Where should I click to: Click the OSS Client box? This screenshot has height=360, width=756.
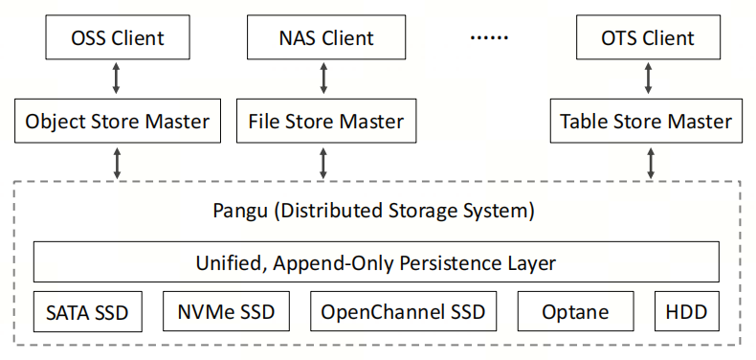tap(118, 37)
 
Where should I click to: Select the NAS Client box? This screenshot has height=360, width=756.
tap(326, 37)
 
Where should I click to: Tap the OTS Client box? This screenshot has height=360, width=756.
tap(649, 37)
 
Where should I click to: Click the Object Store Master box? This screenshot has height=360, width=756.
tap(118, 122)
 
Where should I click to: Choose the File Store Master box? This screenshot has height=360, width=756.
tap(326, 122)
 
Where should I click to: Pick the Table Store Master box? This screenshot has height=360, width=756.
tap(647, 122)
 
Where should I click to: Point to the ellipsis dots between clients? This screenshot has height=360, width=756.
tap(489, 38)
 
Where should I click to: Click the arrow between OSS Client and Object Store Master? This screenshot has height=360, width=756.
tap(116, 79)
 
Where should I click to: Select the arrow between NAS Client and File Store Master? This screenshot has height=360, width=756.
tap(323, 79)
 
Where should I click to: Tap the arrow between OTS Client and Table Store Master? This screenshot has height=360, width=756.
tap(649, 79)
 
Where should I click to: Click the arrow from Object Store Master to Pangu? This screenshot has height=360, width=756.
tap(116, 163)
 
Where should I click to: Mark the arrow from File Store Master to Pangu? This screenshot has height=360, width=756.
tap(323, 163)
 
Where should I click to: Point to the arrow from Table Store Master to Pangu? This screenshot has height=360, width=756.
tap(651, 163)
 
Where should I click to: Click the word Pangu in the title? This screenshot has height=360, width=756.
tap(239, 212)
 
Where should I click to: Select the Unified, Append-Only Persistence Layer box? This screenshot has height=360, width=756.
tap(376, 262)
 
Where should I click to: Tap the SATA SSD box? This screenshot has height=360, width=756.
tap(88, 312)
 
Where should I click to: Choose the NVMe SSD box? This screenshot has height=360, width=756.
tap(226, 312)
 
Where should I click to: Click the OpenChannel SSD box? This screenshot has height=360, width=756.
tap(403, 312)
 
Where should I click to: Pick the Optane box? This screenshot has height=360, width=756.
tap(576, 312)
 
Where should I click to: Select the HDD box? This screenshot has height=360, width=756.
tap(687, 312)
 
